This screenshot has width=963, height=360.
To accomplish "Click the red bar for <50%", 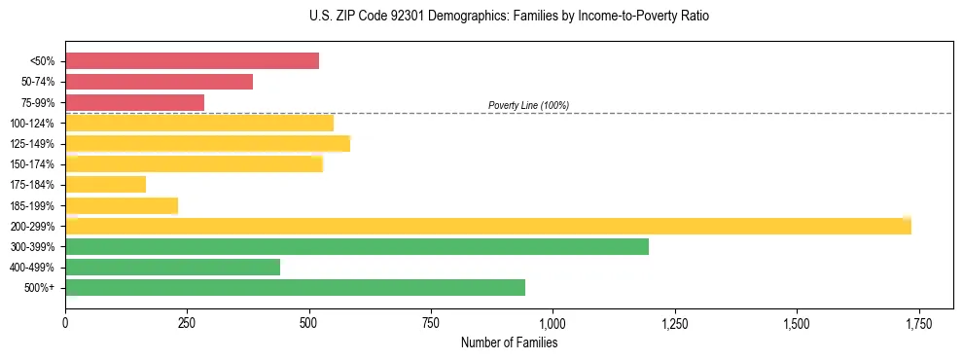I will click(x=192, y=61).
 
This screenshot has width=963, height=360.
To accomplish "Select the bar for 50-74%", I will click(x=159, y=82).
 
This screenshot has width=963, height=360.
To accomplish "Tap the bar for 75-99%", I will click(x=134, y=102).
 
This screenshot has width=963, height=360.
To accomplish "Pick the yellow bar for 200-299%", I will click(x=487, y=226).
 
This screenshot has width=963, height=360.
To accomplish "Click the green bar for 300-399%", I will click(x=356, y=246).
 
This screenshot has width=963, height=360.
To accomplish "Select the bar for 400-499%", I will click(x=172, y=267).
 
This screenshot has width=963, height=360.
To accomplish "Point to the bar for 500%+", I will click(x=295, y=287).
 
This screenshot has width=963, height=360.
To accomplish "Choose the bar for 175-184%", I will click(x=105, y=184).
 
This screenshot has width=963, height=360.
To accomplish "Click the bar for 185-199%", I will click(x=122, y=205).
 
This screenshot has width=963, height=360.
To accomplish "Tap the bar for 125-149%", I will click(x=207, y=144).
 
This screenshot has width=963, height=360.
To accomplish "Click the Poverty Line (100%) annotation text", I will click(x=528, y=105).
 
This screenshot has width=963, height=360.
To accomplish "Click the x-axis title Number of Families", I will click(x=509, y=342).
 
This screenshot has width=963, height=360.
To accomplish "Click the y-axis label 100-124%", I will click(x=32, y=124).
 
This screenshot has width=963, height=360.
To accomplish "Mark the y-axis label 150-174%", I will click(x=32, y=164).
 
